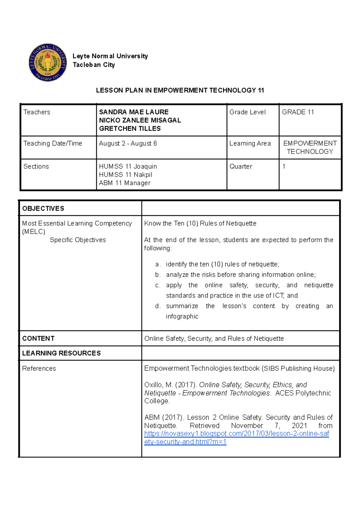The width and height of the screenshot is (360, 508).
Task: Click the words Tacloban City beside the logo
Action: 94,65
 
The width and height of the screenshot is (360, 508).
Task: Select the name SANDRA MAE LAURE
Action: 134,112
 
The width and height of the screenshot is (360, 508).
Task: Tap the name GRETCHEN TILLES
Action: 130,129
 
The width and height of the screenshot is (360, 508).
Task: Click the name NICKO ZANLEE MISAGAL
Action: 140,120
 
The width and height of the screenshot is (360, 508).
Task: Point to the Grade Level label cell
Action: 247,112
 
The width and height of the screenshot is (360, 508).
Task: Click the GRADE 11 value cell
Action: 298,112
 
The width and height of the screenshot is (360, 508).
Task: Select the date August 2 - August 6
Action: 128,144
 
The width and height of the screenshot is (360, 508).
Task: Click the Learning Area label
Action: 250,144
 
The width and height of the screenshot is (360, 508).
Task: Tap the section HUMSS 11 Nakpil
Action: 125,175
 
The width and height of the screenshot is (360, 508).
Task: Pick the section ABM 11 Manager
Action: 124,183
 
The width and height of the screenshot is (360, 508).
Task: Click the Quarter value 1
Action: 284,166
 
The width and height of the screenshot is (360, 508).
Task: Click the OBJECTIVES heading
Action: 43,209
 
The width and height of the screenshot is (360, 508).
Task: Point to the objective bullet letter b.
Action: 158,275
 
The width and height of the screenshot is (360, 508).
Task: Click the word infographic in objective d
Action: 182,316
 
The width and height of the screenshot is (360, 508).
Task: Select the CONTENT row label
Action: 38,339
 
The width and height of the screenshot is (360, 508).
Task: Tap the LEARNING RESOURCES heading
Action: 61,353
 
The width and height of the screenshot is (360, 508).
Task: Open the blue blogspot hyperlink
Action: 236,434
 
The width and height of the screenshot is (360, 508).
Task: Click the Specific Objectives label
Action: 78,240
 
